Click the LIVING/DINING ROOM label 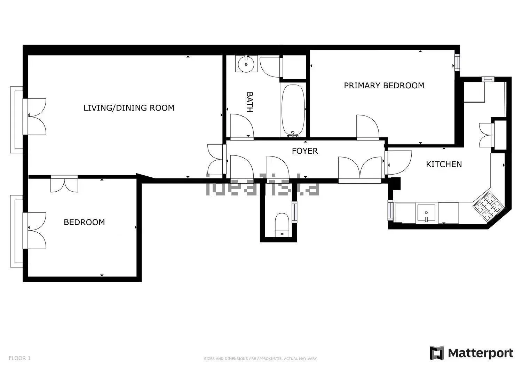(x=129, y=108)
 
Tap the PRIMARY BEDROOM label (x=384, y=86)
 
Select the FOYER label (x=305, y=151)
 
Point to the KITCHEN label (x=444, y=164)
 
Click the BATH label (x=250, y=102)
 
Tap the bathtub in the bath (x=293, y=111)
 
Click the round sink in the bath (x=246, y=64)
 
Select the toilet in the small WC (x=282, y=225)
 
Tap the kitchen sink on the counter (x=426, y=213)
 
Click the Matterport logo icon (x=437, y=353)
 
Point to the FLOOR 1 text (x=19, y=358)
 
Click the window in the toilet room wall (x=294, y=212)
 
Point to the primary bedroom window (x=457, y=63)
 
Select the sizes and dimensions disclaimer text (x=261, y=359)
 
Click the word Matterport (x=481, y=353)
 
